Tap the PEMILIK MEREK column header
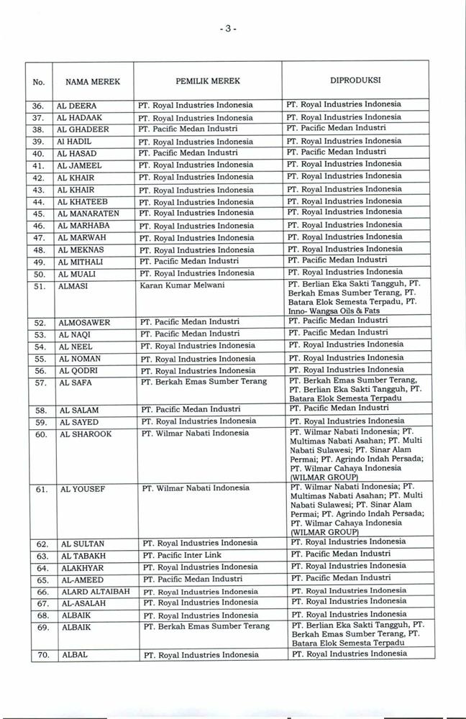208,81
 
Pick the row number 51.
40,285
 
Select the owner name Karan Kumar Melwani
183,285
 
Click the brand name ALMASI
73,285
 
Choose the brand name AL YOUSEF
81,489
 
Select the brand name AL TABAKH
81,556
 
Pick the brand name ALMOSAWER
83,322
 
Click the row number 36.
40,104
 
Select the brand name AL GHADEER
83,129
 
